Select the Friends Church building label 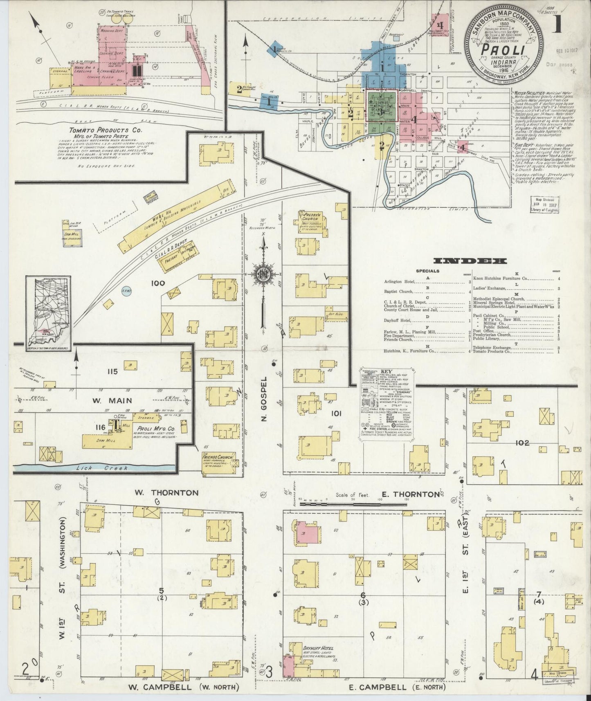pyautogui.click(x=218, y=457)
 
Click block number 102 pyautogui.click(x=522, y=443)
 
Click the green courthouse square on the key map pyautogui.click(x=382, y=111)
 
